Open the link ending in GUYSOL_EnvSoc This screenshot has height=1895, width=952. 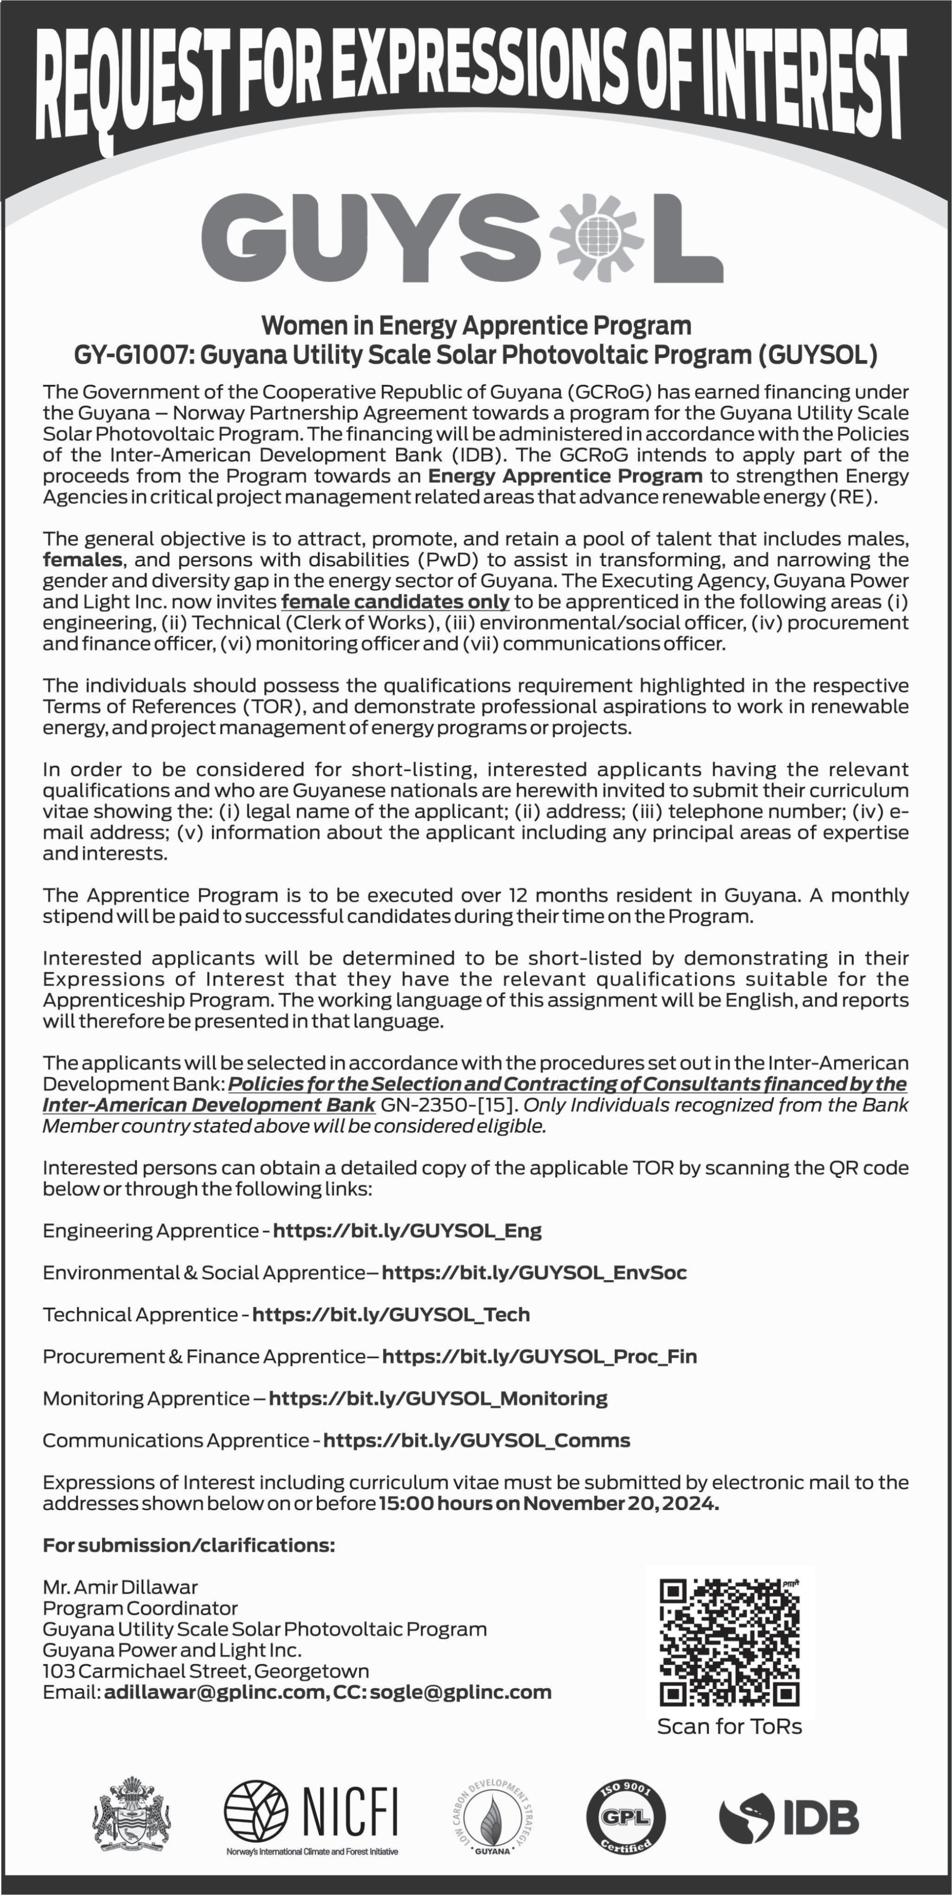(x=534, y=1273)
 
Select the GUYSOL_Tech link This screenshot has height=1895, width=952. (x=391, y=1314)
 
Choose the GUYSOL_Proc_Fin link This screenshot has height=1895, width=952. (x=539, y=1357)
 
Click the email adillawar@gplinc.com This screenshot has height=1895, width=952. (x=215, y=1693)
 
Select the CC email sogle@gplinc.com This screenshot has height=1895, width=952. (x=461, y=1693)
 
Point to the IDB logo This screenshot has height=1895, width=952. (x=789, y=1818)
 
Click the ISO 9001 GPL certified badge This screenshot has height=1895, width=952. (x=625, y=1818)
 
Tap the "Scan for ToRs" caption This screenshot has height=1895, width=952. (x=729, y=1726)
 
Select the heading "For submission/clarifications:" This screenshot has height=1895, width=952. (x=188, y=1545)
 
